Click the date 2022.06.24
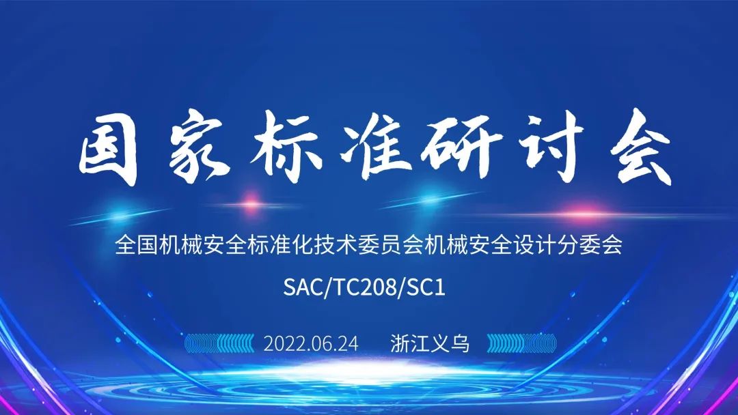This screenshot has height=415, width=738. (x=311, y=343)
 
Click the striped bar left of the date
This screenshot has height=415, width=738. (x=219, y=343)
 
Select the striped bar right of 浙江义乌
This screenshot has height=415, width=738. (x=521, y=343)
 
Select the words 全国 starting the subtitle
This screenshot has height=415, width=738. (x=136, y=245)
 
